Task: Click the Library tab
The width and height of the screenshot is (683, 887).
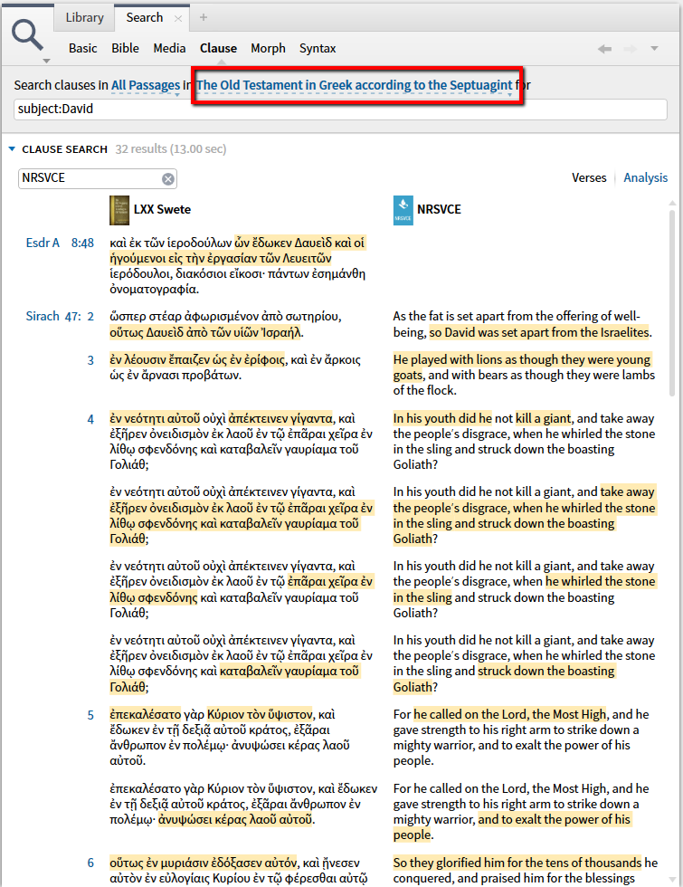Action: pyautogui.click(x=85, y=17)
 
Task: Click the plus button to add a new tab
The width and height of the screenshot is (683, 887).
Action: pyautogui.click(x=204, y=17)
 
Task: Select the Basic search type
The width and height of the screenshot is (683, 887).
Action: pyautogui.click(x=83, y=48)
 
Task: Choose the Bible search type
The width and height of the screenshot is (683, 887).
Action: pyautogui.click(x=126, y=48)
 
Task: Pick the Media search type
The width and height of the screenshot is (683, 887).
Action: pyautogui.click(x=169, y=48)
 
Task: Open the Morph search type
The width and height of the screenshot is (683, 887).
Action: pyautogui.click(x=268, y=48)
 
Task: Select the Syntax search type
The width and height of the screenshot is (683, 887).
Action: pyautogui.click(x=318, y=48)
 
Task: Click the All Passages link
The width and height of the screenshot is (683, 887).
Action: pyautogui.click(x=146, y=86)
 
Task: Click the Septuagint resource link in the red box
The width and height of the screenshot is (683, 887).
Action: pyautogui.click(x=355, y=86)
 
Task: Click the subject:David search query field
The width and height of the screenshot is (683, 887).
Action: pyautogui.click(x=271, y=110)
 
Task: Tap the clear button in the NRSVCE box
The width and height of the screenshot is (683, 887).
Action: pyautogui.click(x=168, y=179)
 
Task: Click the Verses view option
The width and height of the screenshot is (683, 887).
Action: pyautogui.click(x=589, y=178)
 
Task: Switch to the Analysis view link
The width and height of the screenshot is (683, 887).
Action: pyautogui.click(x=646, y=178)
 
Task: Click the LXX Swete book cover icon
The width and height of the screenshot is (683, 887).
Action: pyautogui.click(x=119, y=209)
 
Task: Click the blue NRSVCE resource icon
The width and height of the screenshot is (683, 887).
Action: pyautogui.click(x=403, y=209)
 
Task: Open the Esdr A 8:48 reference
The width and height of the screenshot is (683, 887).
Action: pyautogui.click(x=60, y=243)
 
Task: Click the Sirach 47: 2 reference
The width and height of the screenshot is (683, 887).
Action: pyautogui.click(x=60, y=317)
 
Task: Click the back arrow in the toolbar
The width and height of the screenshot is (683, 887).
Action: pyautogui.click(x=604, y=49)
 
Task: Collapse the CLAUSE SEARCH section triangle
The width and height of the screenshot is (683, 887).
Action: pyautogui.click(x=12, y=149)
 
